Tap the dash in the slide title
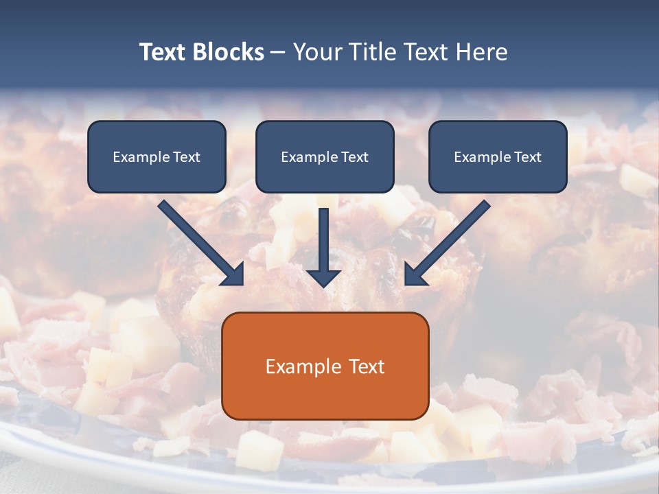(278, 53)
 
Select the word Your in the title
(316, 53)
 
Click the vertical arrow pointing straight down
(323, 240)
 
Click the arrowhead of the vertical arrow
(323, 277)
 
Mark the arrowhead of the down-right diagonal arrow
(233, 274)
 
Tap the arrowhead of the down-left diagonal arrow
(415, 274)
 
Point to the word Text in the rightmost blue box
(528, 157)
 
